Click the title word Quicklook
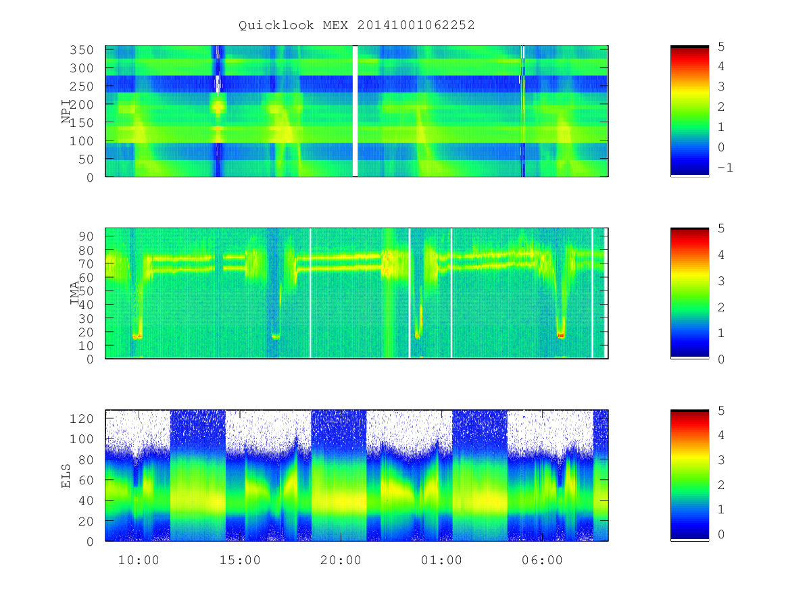(276, 26)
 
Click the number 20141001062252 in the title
(416, 25)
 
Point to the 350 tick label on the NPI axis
(81, 50)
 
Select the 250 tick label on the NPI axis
(81, 86)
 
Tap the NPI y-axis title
(66, 111)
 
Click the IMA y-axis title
(74, 293)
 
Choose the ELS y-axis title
(66, 476)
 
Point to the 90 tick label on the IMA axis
(86, 236)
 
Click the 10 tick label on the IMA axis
(86, 346)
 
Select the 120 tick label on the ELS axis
(81, 419)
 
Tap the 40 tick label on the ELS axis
(86, 501)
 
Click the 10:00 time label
(139, 560)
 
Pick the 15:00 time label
(240, 560)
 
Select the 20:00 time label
(341, 560)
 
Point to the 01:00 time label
(441, 560)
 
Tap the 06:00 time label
(543, 560)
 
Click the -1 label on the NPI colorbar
(725, 168)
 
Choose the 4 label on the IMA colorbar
(721, 255)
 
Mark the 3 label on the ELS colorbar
(721, 460)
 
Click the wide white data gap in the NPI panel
(355, 111)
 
